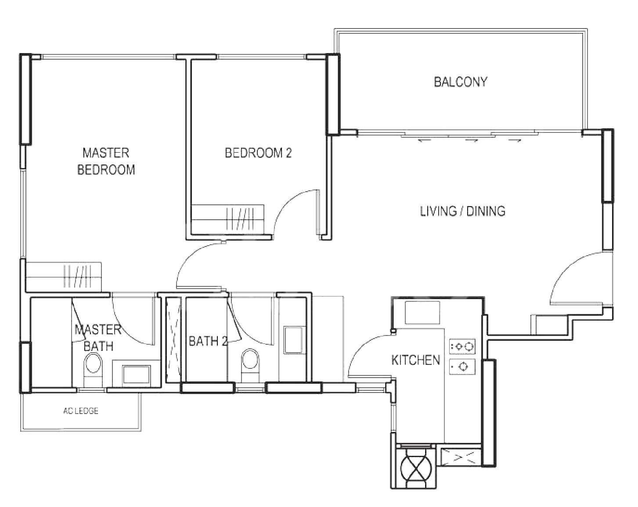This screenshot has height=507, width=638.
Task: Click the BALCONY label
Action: pos(461,82)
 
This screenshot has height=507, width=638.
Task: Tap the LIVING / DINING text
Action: pos(463,211)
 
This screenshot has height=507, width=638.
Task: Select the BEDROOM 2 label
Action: pos(258,153)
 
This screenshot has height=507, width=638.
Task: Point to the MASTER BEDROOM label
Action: pos(106,161)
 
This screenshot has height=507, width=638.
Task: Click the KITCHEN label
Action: pos(416,360)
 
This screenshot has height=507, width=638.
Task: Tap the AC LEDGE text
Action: pos(81,411)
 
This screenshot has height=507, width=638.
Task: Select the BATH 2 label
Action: pos(208,341)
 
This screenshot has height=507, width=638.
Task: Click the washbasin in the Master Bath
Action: pos(137,375)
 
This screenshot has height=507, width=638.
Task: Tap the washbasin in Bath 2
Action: pos(293,340)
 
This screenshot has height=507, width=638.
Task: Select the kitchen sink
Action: pos(422,313)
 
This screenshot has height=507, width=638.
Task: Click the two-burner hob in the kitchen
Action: pos(462,346)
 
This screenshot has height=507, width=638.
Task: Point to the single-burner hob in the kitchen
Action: pos(462,367)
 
